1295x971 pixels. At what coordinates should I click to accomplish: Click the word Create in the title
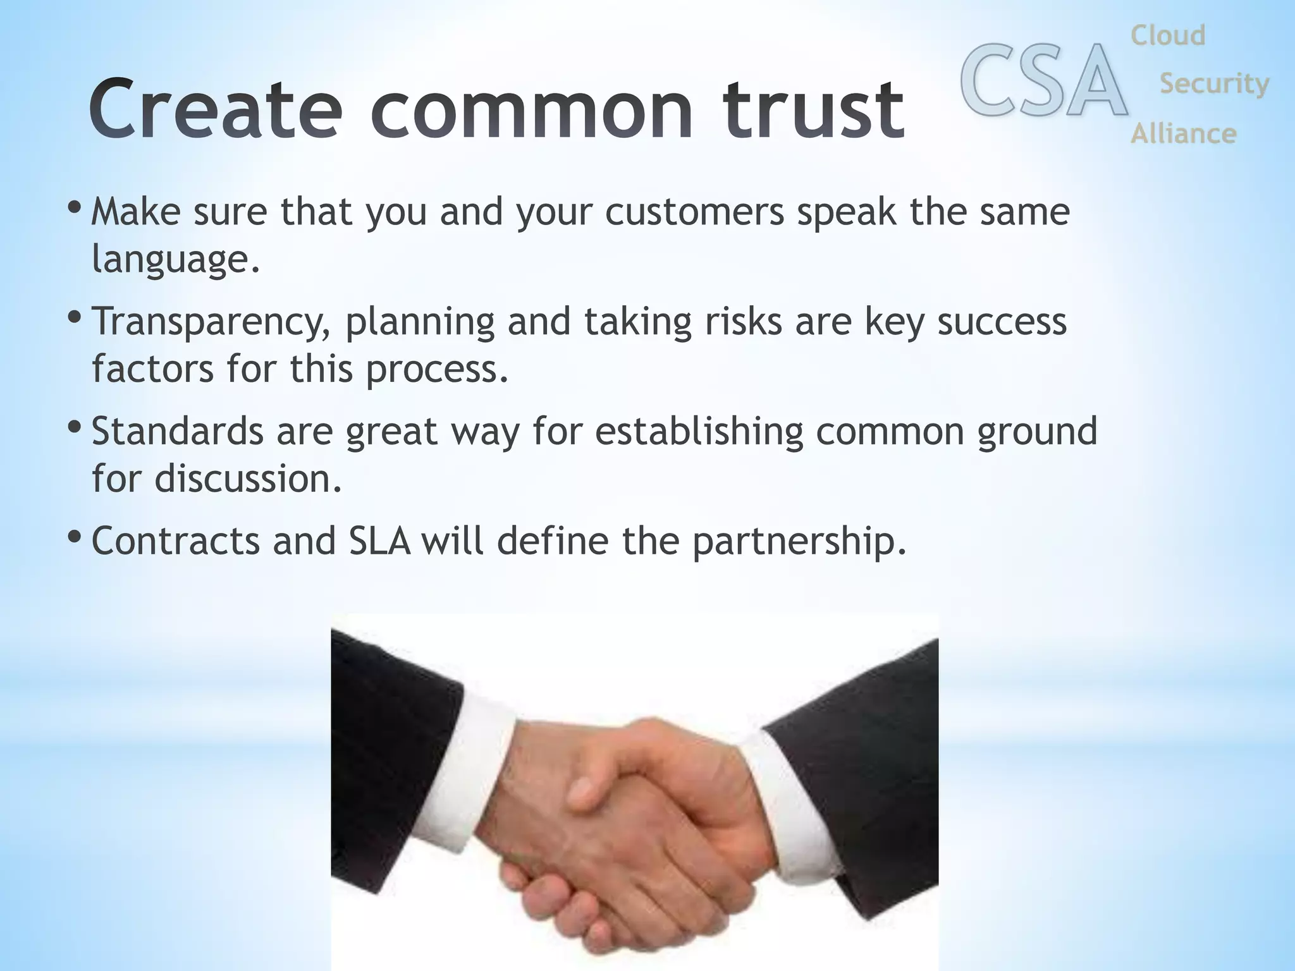215,109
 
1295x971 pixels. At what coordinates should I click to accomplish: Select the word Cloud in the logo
1168,35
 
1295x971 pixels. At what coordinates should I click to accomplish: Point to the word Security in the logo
1214,83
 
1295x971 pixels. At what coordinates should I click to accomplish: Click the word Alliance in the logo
1183,134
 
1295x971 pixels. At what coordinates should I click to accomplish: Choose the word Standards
177,431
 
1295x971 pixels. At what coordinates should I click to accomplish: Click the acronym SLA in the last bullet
379,541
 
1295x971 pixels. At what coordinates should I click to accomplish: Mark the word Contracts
176,541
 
